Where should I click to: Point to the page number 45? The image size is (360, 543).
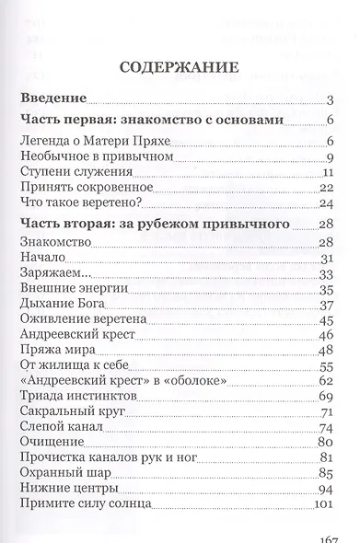tap(325, 322)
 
